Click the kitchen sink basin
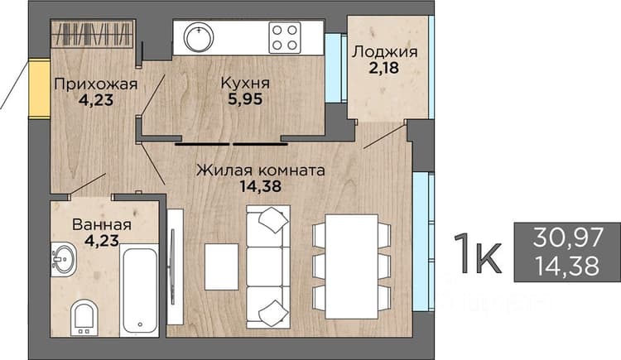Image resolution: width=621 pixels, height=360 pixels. [200, 37]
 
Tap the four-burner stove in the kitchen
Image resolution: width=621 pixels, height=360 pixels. [285, 37]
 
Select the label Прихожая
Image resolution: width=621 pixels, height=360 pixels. [96, 84]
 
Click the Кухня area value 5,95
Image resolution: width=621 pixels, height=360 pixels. [245, 99]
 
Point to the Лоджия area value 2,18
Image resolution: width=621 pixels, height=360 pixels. [383, 68]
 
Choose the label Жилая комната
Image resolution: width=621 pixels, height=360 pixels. [261, 170]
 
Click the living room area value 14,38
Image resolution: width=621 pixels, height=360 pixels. [261, 186]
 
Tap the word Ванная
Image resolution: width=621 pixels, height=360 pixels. [102, 225]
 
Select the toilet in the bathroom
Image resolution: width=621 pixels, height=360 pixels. [84, 318]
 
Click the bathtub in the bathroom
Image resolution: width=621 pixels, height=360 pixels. [139, 290]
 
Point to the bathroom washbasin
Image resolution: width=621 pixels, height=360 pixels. [63, 259]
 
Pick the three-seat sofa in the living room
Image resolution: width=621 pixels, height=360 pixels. [268, 267]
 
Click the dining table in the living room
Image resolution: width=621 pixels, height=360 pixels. [352, 266]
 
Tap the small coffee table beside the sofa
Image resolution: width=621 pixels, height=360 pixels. [221, 267]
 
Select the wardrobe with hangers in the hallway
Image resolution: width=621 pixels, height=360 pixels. [94, 33]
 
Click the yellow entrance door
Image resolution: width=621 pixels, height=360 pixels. [40, 89]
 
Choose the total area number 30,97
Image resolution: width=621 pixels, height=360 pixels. [568, 238]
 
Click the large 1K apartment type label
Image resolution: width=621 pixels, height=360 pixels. [479, 253]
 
